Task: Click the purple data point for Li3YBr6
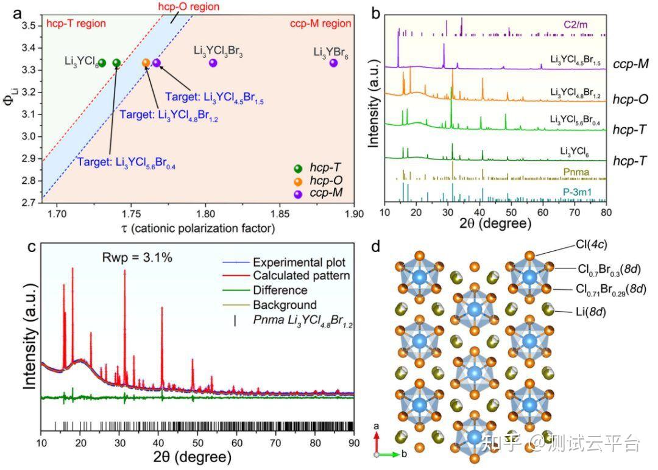[333, 63]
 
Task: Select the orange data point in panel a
[146, 63]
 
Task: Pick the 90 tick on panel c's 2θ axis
[352, 443]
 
